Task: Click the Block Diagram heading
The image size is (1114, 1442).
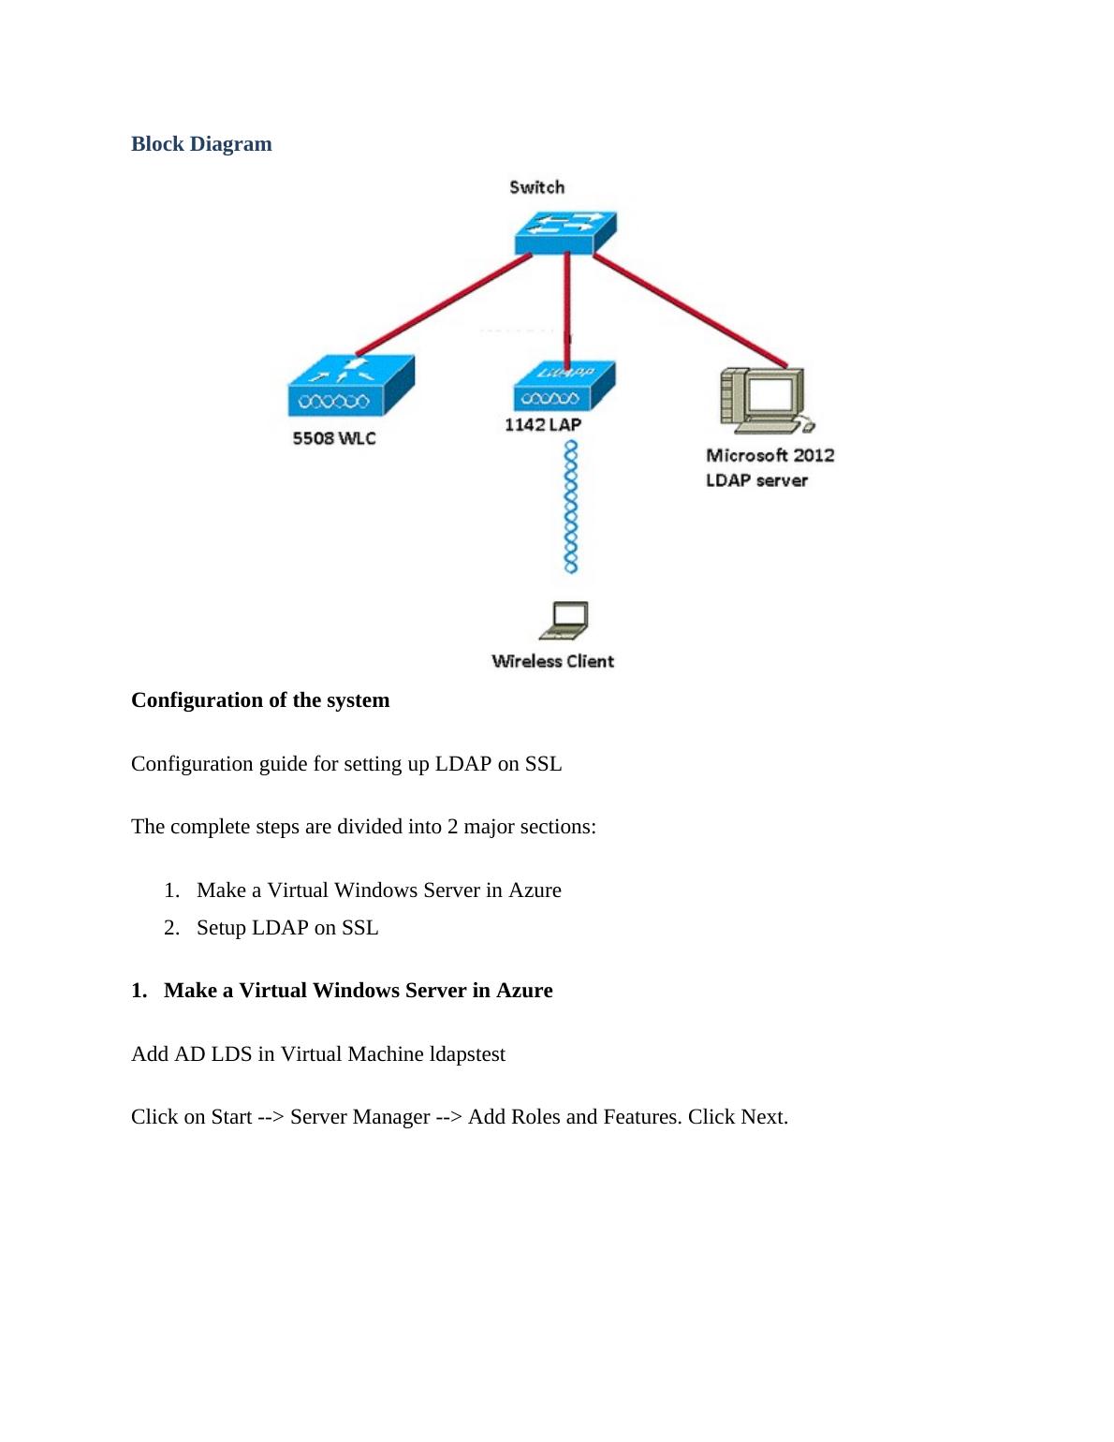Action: pos(201,144)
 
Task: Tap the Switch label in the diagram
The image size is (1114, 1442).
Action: pos(536,187)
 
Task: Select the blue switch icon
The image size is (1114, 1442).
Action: pos(564,231)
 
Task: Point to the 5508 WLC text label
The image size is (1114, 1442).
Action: pos(333,438)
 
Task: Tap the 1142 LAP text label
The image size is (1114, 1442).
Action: pos(542,425)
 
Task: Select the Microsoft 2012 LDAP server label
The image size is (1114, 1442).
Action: pos(769,467)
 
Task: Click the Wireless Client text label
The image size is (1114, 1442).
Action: pos(552,661)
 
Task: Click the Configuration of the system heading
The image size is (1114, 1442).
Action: pos(260,700)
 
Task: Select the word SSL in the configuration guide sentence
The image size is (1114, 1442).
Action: pos(543,764)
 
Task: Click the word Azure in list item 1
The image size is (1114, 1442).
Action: pos(535,890)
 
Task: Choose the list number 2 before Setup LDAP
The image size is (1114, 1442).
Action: pos(171,928)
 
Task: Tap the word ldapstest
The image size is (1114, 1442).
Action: pos(467,1054)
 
